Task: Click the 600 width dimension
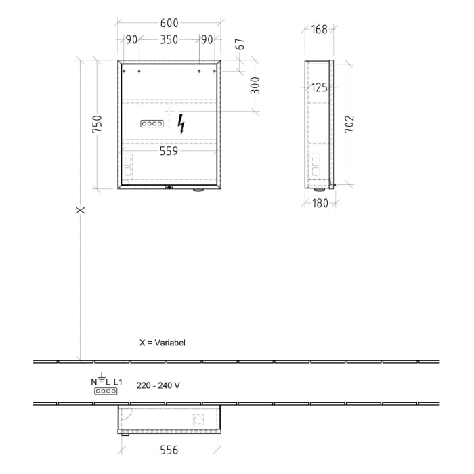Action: click(169, 22)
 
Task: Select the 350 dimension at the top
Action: click(169, 40)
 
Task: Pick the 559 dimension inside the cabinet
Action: click(169, 152)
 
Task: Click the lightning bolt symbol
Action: click(181, 124)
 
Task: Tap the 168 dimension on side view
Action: click(319, 29)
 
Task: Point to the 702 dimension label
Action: click(349, 124)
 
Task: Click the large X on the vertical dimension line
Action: click(81, 210)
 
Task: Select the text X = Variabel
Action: click(162, 343)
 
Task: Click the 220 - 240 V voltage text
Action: click(158, 385)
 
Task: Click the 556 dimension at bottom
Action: click(169, 448)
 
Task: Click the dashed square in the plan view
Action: click(198, 419)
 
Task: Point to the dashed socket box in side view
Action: click(314, 166)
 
